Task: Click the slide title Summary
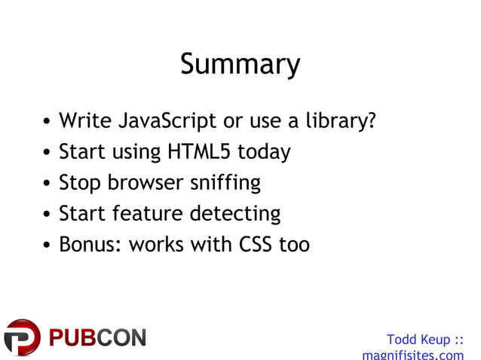coord(240,65)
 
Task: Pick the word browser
coord(146,183)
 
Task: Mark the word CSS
coord(257,245)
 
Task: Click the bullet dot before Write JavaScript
coord(47,123)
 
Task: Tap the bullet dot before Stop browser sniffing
coord(47,185)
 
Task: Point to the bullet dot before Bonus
coord(47,246)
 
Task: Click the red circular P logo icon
coord(22,337)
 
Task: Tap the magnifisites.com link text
coord(413,354)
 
